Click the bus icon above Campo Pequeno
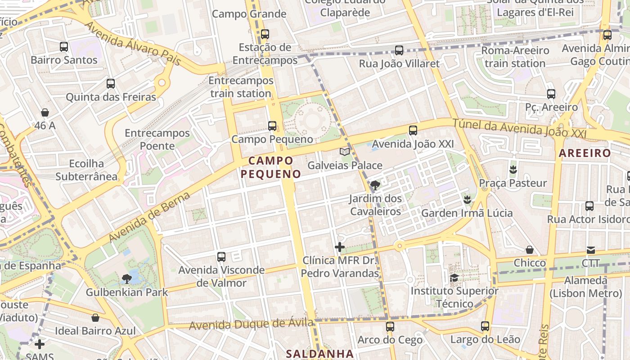click(272, 126)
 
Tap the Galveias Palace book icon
click(345, 152)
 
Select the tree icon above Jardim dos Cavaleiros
click(374, 185)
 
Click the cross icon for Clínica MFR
click(340, 247)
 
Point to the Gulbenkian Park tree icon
click(127, 279)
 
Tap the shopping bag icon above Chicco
click(530, 250)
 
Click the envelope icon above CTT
click(590, 250)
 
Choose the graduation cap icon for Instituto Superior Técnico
click(454, 278)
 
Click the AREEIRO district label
click(585, 153)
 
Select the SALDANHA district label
click(319, 353)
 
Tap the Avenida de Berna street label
click(149, 216)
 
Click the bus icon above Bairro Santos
click(64, 46)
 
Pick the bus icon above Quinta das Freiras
click(111, 83)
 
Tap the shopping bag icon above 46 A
click(45, 112)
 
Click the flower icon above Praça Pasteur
click(513, 170)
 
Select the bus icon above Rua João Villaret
click(399, 50)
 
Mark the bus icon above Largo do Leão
click(485, 326)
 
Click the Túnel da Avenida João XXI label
click(519, 128)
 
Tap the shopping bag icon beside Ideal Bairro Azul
click(95, 318)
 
